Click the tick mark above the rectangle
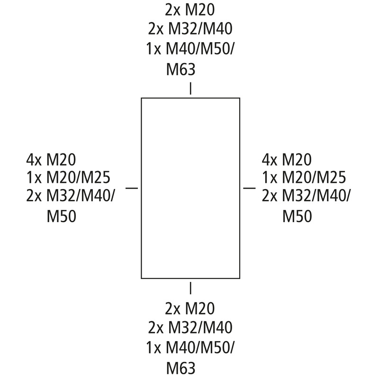pos(190,88)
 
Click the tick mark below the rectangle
pos(190,288)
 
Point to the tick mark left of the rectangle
pos(132,188)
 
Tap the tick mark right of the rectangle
pos(249,188)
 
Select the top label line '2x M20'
pos(190,10)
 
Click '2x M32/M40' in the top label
pos(190,29)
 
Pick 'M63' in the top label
pos(180,69)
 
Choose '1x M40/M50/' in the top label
pos(190,49)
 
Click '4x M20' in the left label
pos(51,160)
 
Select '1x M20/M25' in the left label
pos(68,177)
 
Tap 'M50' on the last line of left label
pos(62,216)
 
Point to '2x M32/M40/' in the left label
pos(71,196)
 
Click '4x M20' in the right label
pos(287,160)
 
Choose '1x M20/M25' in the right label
pos(304,177)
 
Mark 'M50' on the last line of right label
pos(297,216)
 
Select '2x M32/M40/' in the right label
pos(306,196)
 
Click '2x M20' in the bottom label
pos(190,308)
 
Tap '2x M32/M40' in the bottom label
pos(190,327)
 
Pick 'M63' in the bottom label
pos(180,368)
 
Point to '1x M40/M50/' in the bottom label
pos(190,348)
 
